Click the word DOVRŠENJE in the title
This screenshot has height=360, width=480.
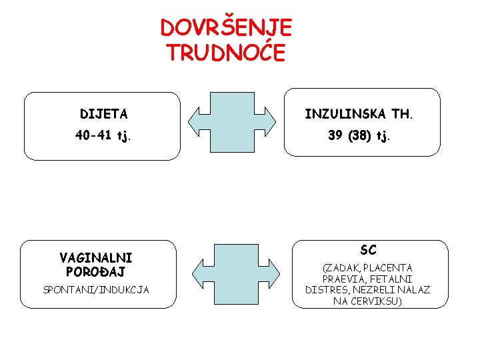click(x=226, y=28)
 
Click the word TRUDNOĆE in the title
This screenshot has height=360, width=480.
click(x=226, y=51)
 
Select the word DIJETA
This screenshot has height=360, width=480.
click(x=104, y=114)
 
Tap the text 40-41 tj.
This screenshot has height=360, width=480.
click(x=103, y=136)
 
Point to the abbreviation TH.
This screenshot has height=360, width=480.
click(x=403, y=114)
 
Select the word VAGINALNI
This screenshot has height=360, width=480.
click(x=96, y=257)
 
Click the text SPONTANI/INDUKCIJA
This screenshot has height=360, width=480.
click(x=96, y=290)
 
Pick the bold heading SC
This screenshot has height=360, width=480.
click(x=368, y=251)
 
